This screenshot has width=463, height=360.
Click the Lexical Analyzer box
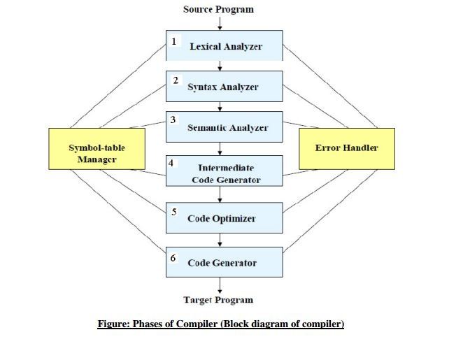(x=225, y=46)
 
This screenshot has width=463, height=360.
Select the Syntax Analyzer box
(x=225, y=87)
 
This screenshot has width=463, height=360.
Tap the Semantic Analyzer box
(x=225, y=128)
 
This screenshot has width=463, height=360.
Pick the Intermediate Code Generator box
(x=225, y=171)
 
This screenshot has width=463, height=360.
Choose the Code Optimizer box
(x=225, y=218)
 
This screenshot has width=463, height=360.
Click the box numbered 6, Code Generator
(x=225, y=262)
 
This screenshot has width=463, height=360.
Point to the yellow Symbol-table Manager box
(x=97, y=149)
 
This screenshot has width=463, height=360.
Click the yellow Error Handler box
(x=346, y=148)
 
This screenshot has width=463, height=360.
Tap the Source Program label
(x=218, y=9)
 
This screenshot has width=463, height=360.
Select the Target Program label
(x=218, y=300)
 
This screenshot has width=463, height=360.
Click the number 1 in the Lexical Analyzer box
(x=173, y=41)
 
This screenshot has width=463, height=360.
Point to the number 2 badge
(x=176, y=80)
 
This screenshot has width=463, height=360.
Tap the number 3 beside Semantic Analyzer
(x=173, y=120)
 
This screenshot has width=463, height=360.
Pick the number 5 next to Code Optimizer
(x=174, y=211)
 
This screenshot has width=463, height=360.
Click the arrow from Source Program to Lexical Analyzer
(x=220, y=23)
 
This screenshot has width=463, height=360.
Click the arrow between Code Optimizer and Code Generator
(x=220, y=240)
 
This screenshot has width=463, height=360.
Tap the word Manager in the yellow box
(x=97, y=159)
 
